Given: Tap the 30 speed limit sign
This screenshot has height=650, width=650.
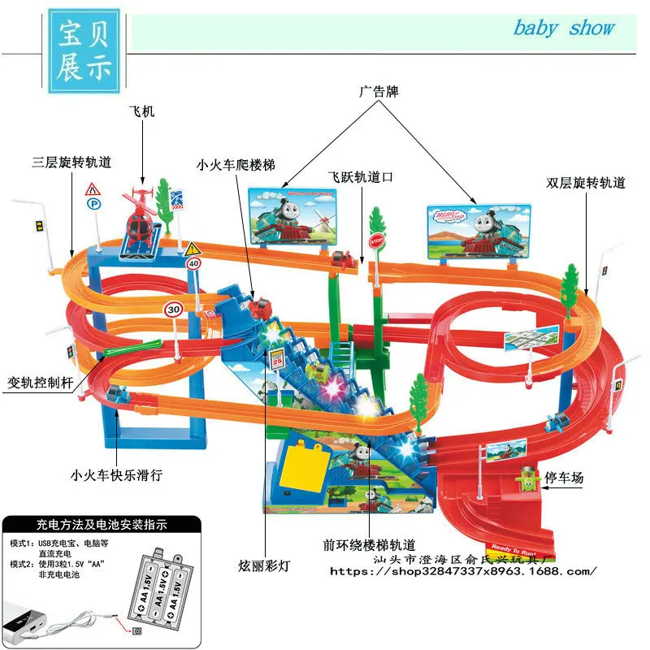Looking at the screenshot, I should (172, 309).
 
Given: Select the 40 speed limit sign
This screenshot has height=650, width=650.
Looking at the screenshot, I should (193, 263).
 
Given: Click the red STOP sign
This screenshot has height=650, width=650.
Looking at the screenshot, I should (376, 241).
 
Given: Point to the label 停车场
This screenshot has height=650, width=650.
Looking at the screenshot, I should (565, 478).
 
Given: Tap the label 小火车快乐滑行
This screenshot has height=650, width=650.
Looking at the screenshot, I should (115, 475).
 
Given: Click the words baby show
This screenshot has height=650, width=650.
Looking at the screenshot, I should (563, 28).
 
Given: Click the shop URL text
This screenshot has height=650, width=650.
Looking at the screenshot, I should (463, 571).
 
